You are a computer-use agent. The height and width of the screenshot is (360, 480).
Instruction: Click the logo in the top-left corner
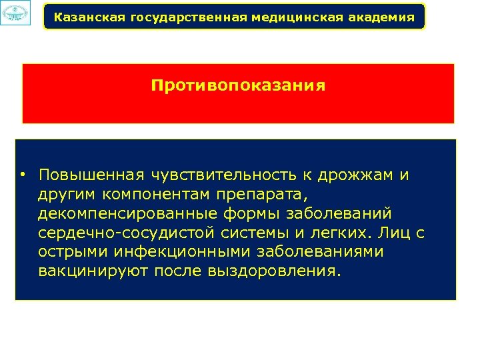(x=15, y=13)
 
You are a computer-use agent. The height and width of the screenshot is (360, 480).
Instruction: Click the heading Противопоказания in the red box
(x=238, y=86)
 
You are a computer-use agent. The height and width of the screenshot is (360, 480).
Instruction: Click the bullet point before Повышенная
(x=23, y=175)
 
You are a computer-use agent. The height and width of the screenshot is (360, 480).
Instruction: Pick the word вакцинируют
(x=93, y=273)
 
